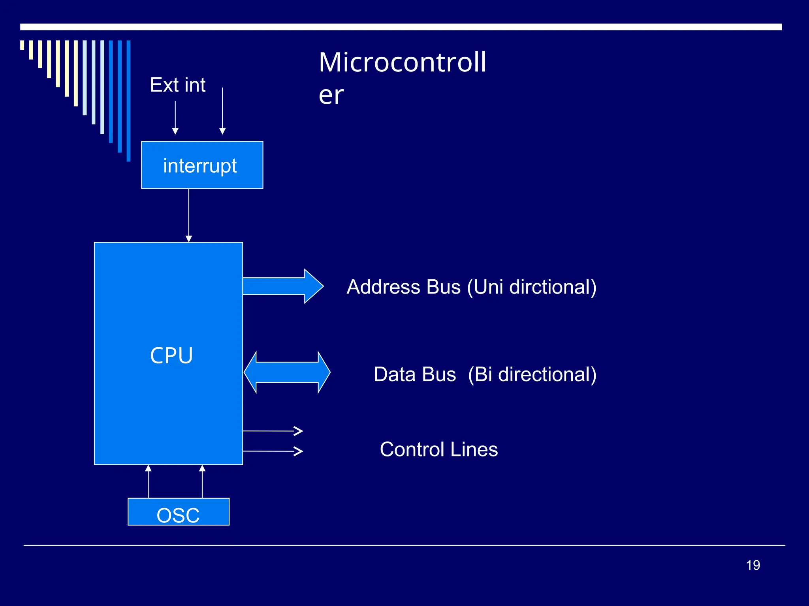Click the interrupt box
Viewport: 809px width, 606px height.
coord(202,165)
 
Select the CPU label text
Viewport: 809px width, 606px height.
coord(171,355)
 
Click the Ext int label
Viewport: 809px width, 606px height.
coord(178,85)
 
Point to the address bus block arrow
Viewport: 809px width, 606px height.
coord(282,286)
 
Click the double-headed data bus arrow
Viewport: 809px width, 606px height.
coord(287,372)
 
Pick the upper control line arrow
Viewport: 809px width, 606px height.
coord(273,431)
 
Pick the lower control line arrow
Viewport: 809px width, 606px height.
coord(273,451)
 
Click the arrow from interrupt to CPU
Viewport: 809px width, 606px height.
coord(189,215)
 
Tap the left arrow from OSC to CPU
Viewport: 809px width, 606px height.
coord(149,481)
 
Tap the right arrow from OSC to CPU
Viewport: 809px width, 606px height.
coord(202,481)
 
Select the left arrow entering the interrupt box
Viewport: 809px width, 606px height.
coord(175,118)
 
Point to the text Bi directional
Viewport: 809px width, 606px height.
coord(532,374)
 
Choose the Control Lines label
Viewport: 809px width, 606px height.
coord(439,449)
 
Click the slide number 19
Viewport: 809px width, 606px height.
coord(753,565)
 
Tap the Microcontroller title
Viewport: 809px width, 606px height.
coord(402,78)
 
